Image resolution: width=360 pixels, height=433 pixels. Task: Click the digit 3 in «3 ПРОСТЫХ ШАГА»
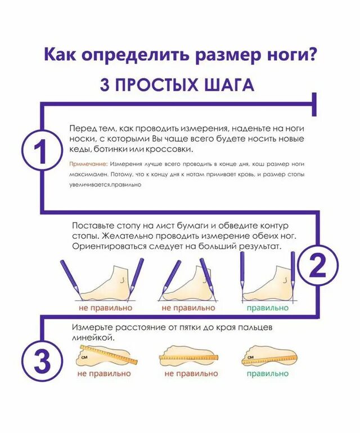(x=104, y=85)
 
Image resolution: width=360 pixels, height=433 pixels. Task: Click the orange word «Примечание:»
(x=88, y=163)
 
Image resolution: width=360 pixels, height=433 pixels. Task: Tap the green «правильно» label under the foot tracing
(x=267, y=308)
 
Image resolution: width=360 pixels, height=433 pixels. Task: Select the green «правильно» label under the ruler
(x=267, y=373)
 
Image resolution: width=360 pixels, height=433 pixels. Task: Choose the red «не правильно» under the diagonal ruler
(x=105, y=373)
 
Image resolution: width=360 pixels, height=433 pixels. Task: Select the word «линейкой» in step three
(x=93, y=337)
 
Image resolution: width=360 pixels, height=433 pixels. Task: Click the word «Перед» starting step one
(x=81, y=129)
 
